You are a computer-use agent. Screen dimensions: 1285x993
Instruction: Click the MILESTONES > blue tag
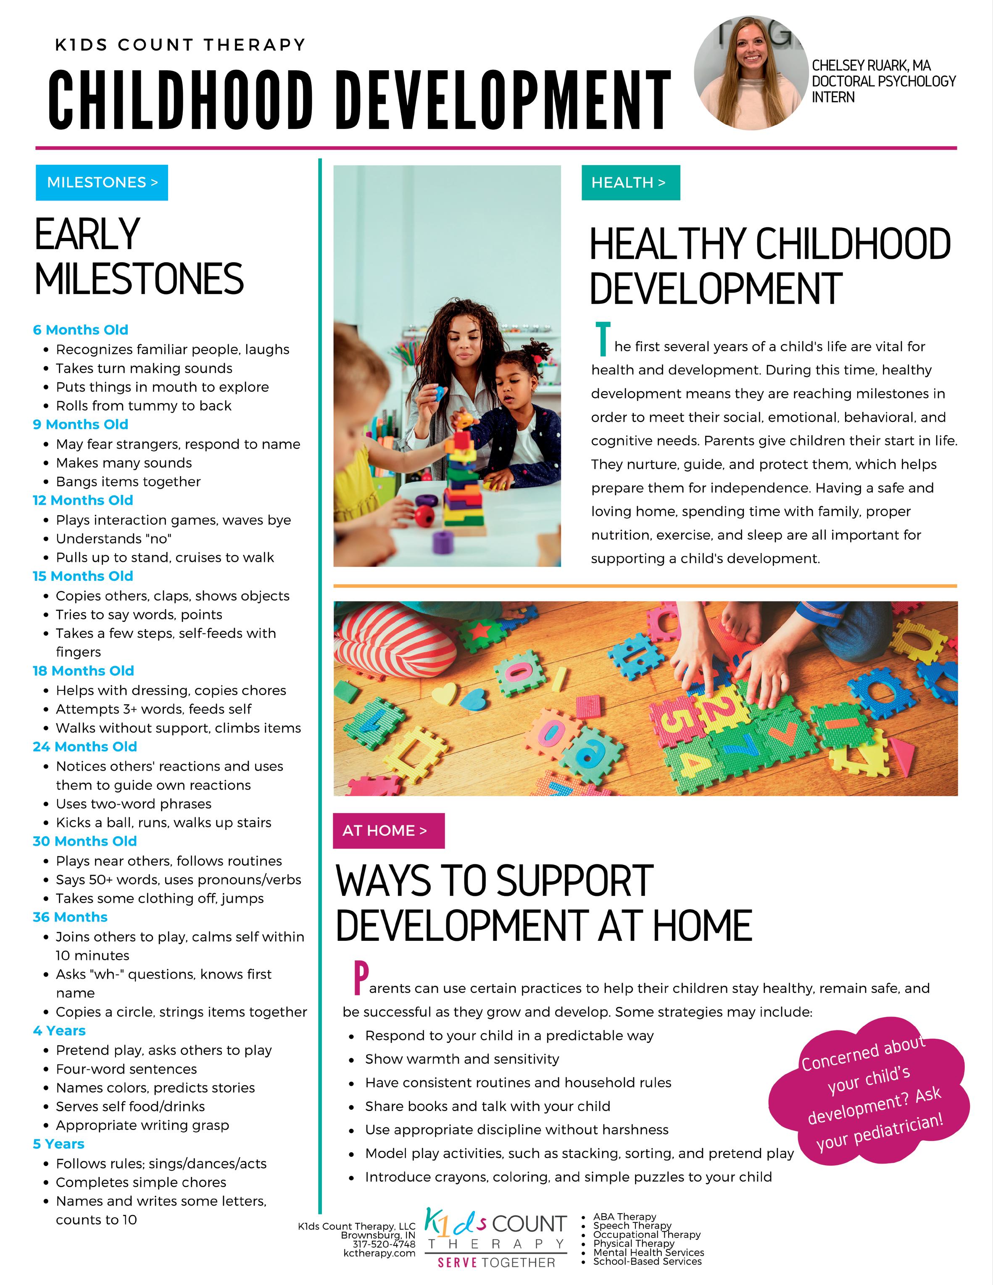[102, 182]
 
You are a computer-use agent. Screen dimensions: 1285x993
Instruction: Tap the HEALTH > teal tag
[630, 182]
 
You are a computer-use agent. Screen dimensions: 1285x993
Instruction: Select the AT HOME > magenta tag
[388, 830]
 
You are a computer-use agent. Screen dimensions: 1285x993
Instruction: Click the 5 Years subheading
[59, 1144]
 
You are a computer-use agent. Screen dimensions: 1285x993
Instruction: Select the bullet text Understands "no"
[113, 538]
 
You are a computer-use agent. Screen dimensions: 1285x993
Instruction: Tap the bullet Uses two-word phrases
[134, 804]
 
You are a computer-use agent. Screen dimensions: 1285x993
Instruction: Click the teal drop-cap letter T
[602, 339]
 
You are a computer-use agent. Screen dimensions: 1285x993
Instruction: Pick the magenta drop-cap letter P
[361, 977]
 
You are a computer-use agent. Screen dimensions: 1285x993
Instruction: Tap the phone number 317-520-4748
[384, 1244]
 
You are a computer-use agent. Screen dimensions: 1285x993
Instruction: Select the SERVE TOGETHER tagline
[496, 1263]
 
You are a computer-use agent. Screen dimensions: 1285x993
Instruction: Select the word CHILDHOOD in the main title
[180, 100]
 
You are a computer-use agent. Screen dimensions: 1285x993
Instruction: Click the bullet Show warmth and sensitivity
[462, 1059]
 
